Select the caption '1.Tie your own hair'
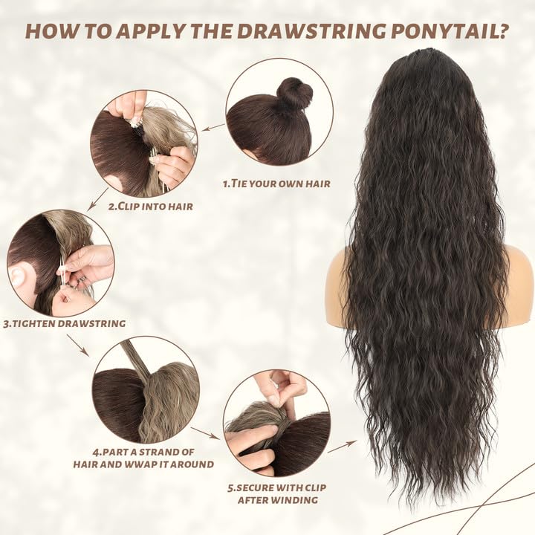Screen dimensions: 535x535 point(276,183)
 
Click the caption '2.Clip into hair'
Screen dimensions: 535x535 point(150,206)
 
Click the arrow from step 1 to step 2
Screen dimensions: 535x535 point(213,128)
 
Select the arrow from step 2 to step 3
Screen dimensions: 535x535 point(97,199)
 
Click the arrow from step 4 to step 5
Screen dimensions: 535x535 point(205,432)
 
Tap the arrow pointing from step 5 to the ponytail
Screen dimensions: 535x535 point(342,446)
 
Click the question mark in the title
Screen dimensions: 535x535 point(505,32)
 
